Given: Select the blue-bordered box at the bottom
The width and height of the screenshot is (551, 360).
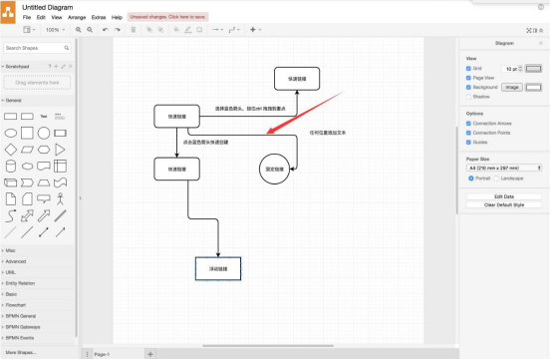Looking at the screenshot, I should point(217,269).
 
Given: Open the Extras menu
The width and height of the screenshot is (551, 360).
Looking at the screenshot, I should point(99,17).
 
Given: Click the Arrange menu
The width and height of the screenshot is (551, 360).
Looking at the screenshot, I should point(76,17).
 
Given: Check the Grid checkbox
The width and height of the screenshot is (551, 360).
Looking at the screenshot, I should point(469,69).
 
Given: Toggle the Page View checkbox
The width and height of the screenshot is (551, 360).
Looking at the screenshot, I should point(469,78).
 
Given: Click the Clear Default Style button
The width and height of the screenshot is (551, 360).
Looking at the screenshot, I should point(503,204).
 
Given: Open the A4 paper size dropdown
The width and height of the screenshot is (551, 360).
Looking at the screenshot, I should point(503,169).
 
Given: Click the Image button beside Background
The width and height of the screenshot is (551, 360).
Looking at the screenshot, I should point(511,88).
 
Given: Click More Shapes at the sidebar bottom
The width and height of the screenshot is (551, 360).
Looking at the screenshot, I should point(22,353).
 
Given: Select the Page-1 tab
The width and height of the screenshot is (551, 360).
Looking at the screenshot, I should point(102,354).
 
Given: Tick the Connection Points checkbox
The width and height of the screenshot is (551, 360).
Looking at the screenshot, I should point(469,133).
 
